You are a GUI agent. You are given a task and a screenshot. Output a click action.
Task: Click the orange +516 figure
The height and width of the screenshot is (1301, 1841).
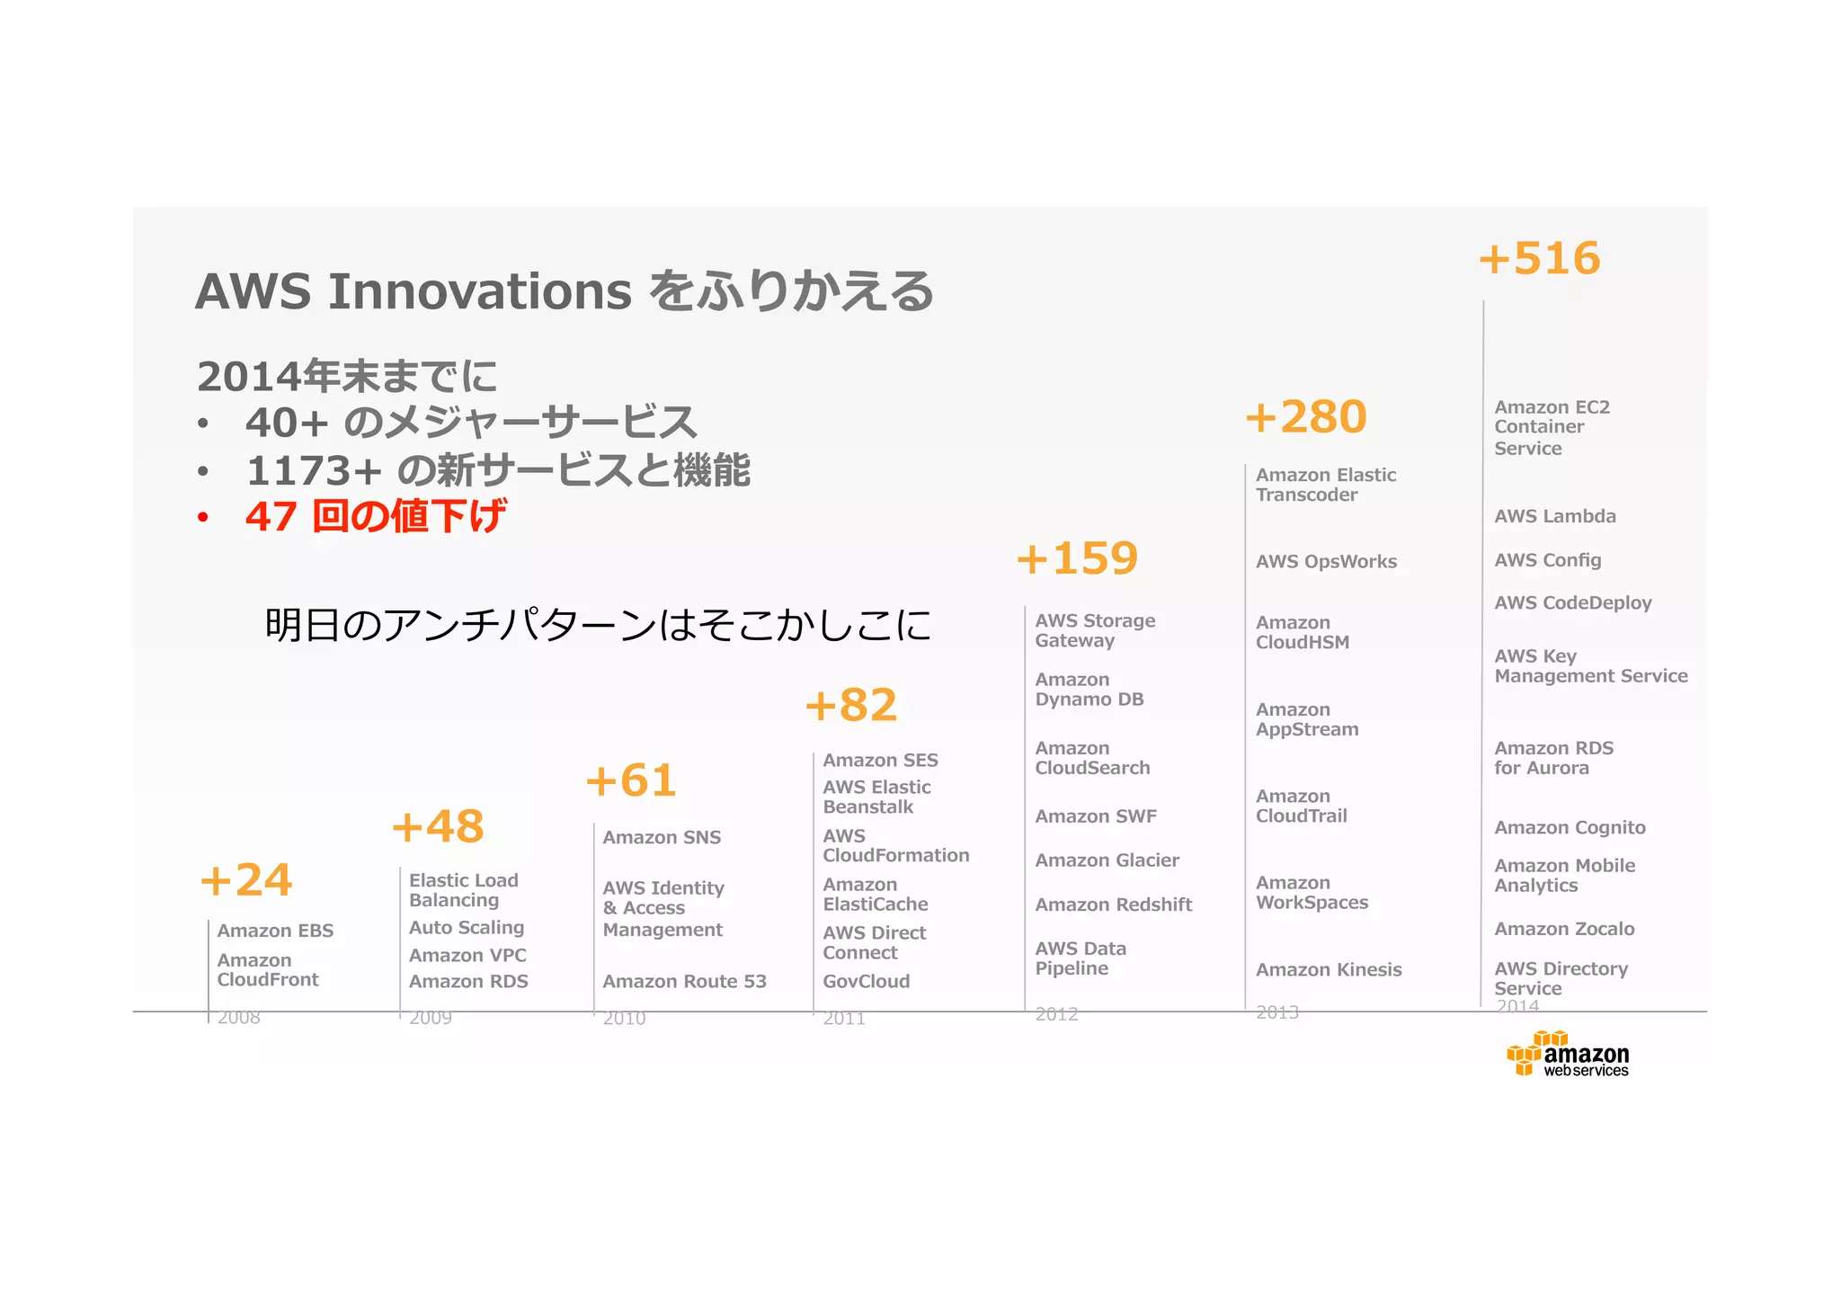click(1539, 259)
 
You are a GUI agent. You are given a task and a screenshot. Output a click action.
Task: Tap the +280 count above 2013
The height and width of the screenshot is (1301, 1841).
click(1305, 417)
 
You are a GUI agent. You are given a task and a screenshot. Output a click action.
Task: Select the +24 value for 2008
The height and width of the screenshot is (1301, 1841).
click(245, 880)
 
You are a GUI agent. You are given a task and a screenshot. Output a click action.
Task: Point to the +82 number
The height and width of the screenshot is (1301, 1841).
click(850, 705)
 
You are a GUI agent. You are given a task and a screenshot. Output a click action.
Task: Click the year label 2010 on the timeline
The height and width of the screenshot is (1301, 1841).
click(624, 1018)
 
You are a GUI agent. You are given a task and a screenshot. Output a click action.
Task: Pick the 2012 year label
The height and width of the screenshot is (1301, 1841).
click(1056, 1014)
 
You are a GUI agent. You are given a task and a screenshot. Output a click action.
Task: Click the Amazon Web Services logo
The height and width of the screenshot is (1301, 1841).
click(1569, 1056)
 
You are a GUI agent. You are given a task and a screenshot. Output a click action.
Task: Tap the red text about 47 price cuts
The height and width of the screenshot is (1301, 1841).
click(375, 516)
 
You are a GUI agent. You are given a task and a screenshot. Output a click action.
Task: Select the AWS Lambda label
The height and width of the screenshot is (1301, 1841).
click(1554, 516)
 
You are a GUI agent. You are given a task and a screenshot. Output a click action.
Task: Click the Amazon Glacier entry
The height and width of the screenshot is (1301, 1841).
click(1107, 860)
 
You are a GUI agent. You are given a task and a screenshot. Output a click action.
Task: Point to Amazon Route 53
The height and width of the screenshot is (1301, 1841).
click(684, 982)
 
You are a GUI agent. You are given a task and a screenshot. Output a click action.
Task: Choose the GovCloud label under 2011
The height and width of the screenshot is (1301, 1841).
click(866, 982)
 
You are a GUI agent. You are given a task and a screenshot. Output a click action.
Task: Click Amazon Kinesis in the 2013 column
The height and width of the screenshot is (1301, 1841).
click(1329, 970)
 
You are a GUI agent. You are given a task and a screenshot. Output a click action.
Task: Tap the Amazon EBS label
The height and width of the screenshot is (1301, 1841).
click(275, 931)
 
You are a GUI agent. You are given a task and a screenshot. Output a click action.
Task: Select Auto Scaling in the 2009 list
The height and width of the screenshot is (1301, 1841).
click(466, 928)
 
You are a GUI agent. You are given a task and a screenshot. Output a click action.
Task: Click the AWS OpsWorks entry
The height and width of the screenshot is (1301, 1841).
click(1326, 562)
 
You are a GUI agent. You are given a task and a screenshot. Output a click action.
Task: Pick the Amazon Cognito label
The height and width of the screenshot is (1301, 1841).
click(1570, 828)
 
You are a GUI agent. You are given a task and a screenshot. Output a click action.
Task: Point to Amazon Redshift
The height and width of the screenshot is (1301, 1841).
click(1113, 905)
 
